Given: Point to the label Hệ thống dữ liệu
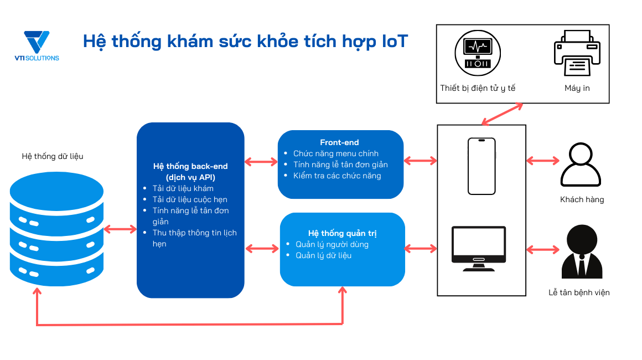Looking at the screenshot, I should pyautogui.click(x=53, y=156).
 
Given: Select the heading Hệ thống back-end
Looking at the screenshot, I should pyautogui.click(x=190, y=166).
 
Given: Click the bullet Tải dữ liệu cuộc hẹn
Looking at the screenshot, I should pyautogui.click(x=190, y=199).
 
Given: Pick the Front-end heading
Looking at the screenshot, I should pyautogui.click(x=339, y=142).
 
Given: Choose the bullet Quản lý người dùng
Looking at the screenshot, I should pyautogui.click(x=332, y=244).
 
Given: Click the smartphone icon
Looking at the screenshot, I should pyautogui.click(x=481, y=166).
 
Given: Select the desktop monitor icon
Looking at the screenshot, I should pyautogui.click(x=478, y=248).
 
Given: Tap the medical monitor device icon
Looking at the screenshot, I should pyautogui.click(x=477, y=53).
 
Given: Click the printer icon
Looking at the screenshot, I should pyautogui.click(x=577, y=53).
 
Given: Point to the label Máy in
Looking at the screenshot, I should pyautogui.click(x=577, y=88).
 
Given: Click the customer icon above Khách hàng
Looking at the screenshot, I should pyautogui.click(x=581, y=165).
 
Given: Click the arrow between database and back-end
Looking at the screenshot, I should pyautogui.click(x=120, y=229).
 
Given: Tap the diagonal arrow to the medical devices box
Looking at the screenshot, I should pyautogui.click(x=501, y=114).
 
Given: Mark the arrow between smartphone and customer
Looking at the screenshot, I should pyautogui.click(x=543, y=161).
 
